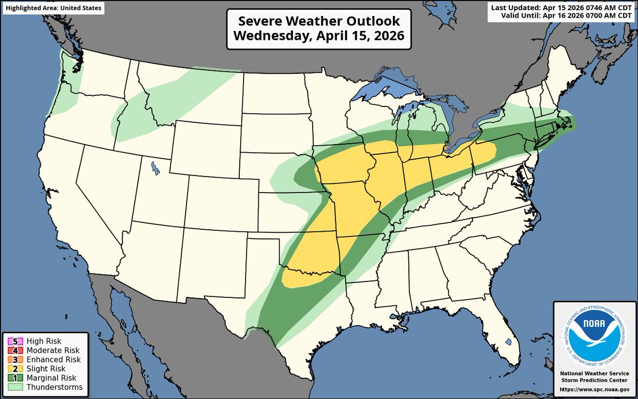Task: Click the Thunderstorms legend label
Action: [x=52, y=387]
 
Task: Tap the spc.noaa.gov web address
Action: [x=593, y=389]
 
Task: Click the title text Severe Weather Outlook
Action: [x=318, y=21]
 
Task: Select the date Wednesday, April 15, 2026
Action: [x=318, y=37]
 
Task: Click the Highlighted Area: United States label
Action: [x=52, y=8]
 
